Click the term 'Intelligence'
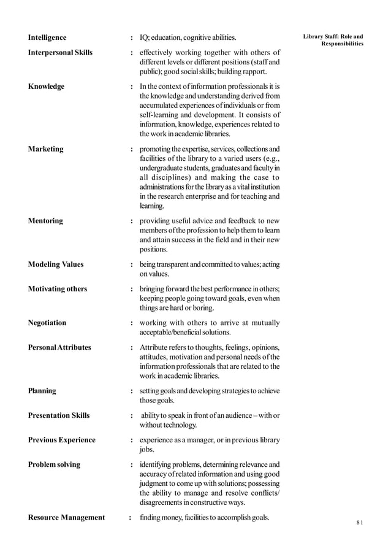[x=47, y=38]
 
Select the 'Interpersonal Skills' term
[x=60, y=53]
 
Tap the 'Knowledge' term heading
[x=46, y=87]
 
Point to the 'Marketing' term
[x=45, y=149]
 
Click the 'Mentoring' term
[x=45, y=221]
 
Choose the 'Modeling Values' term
[x=56, y=264]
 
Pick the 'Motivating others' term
[x=58, y=289]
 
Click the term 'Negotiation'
[x=47, y=323]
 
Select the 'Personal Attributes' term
[x=59, y=347]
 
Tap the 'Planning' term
[x=42, y=391]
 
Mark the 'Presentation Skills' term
[x=59, y=415]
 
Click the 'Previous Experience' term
[x=62, y=440]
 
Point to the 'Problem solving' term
[x=54, y=464]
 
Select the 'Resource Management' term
[x=66, y=518]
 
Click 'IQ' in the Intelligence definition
[x=144, y=38]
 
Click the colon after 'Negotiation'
[x=132, y=323]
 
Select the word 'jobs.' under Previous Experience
[x=147, y=449]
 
